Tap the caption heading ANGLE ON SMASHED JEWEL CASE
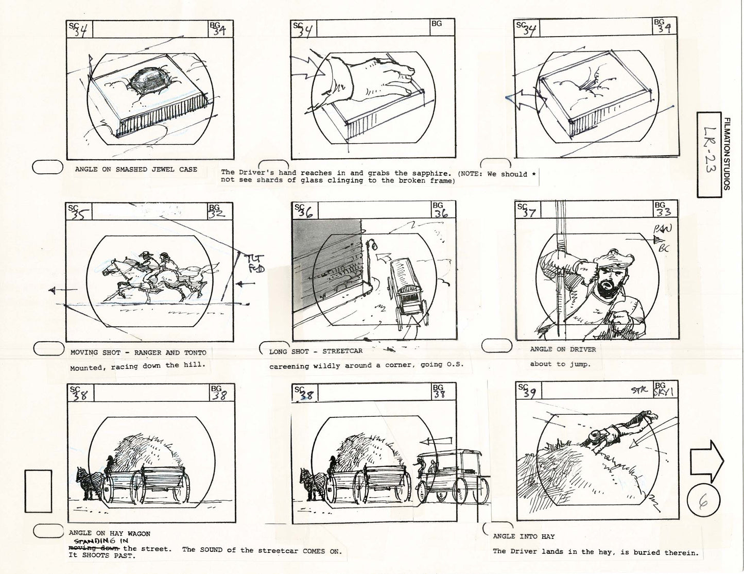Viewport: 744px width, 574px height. coord(136,170)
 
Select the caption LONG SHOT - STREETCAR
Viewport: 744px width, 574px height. coord(316,352)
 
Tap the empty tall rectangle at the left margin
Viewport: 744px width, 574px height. coord(38,491)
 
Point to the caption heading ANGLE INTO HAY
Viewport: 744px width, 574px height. coord(524,536)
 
